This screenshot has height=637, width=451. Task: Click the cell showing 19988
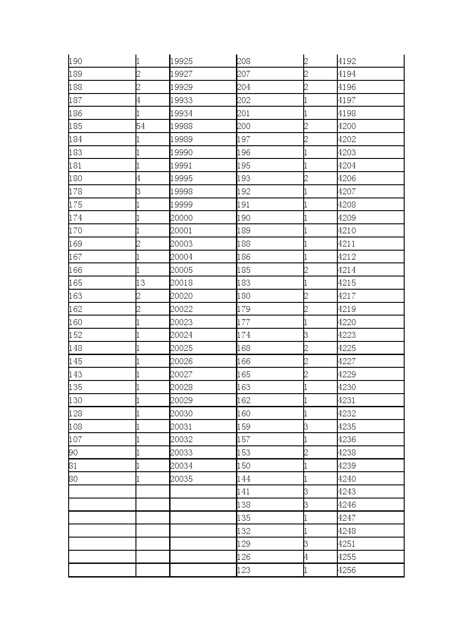click(181, 126)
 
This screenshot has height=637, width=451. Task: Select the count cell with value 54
click(140, 126)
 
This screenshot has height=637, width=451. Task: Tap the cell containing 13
click(140, 283)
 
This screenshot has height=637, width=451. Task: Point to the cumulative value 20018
click(181, 283)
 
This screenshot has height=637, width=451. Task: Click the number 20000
click(181, 218)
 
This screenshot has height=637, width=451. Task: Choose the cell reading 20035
click(181, 479)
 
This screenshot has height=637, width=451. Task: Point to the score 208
click(244, 61)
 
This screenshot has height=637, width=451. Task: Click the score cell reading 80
click(73, 479)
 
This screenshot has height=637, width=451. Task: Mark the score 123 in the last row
click(244, 570)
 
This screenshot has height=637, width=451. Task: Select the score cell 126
click(244, 557)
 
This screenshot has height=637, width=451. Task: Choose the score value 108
click(75, 427)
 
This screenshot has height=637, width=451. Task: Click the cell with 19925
click(181, 61)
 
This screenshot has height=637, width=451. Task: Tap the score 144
click(244, 479)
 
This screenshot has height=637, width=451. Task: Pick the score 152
click(75, 335)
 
